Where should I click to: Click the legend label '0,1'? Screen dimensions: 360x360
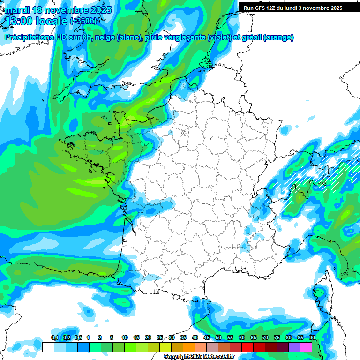click(x=54, y=337)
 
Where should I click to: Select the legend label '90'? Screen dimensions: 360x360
click(x=312, y=337)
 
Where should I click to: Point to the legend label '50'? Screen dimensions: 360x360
click(x=218, y=337)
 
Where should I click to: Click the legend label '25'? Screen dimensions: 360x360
click(x=160, y=337)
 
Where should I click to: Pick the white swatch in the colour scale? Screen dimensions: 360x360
click(x=48, y=347)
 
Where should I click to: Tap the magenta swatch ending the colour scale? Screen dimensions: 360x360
click(x=306, y=347)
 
